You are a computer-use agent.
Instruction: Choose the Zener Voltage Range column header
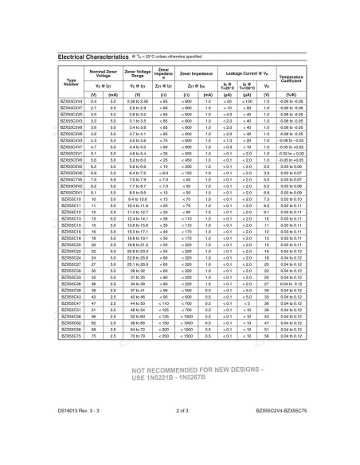tap(132, 73)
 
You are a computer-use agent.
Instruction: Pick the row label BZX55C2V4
tap(72, 103)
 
